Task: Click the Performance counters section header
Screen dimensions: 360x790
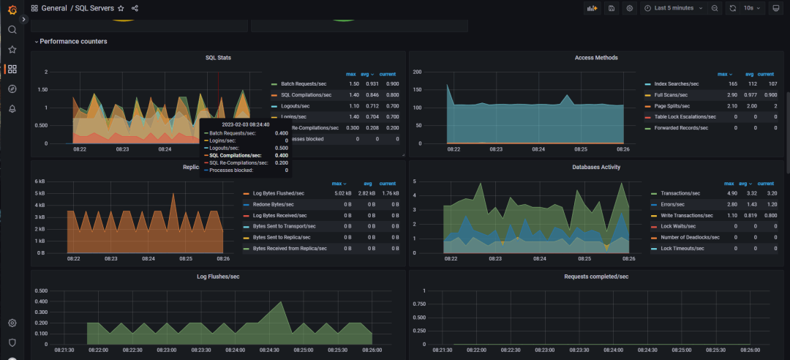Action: (73, 42)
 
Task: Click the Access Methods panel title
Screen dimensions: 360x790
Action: (596, 58)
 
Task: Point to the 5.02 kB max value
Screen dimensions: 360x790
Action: (343, 194)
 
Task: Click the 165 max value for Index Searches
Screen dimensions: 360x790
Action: (722, 84)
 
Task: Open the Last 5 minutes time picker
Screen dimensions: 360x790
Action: (673, 8)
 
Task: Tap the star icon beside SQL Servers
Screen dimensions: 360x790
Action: (121, 8)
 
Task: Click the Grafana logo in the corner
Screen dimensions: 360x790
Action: (12, 9)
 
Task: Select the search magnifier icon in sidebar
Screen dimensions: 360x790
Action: (12, 30)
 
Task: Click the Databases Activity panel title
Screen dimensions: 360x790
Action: (596, 168)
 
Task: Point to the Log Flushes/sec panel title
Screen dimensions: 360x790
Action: (219, 277)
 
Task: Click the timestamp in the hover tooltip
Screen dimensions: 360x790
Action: (246, 125)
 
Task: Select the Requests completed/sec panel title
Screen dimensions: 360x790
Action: (596, 277)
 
